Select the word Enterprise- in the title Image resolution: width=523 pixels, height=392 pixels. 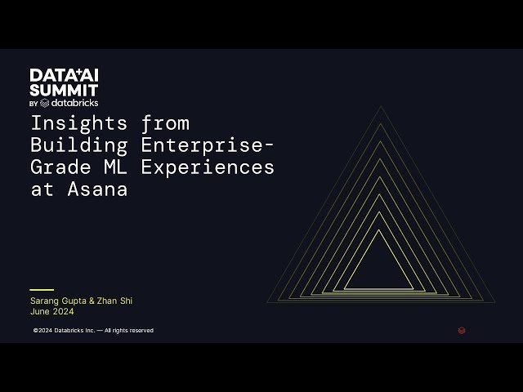(208, 145)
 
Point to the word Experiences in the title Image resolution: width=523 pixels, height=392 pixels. (208, 167)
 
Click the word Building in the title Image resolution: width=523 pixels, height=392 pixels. (79, 145)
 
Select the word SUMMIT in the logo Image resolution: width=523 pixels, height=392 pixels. (64, 89)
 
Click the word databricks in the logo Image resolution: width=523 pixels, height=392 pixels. (75, 103)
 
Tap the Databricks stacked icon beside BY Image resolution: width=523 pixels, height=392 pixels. (44, 103)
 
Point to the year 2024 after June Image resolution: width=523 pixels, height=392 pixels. (63, 311)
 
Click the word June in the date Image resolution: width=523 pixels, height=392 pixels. (40, 311)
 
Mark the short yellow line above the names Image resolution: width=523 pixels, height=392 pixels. (41, 289)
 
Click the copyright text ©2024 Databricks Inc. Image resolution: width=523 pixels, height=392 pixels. (64, 331)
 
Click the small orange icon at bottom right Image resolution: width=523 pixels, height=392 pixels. (462, 331)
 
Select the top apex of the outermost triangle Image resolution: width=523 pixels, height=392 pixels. (380, 106)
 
